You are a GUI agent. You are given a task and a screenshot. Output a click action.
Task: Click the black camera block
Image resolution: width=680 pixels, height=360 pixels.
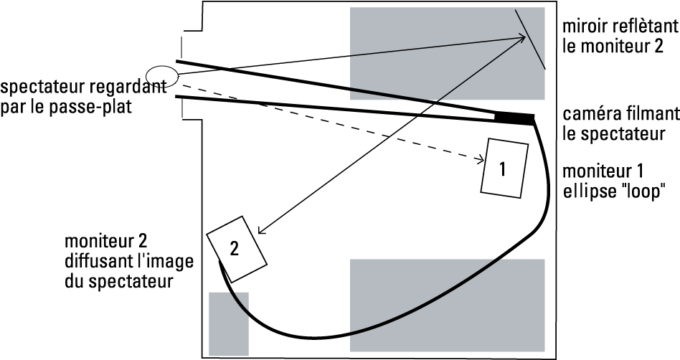point(516,118)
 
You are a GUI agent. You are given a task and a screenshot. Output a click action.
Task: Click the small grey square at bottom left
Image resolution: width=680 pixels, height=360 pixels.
point(228,323)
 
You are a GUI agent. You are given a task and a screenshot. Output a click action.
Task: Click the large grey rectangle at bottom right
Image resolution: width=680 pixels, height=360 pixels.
point(446,305)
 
